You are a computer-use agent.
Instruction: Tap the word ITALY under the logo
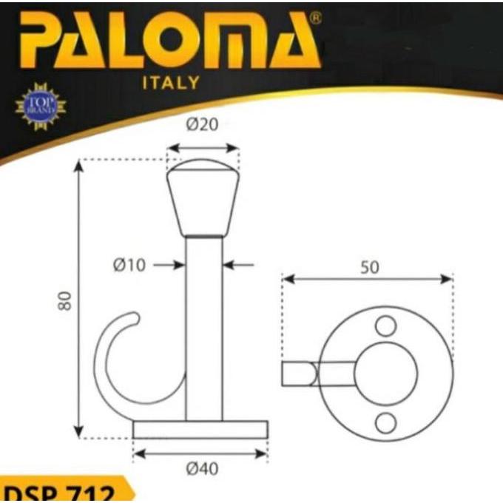[170, 83]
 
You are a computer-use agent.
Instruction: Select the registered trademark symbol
[315, 18]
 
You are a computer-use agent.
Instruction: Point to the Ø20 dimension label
[202, 125]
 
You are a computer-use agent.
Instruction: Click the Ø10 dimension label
[130, 265]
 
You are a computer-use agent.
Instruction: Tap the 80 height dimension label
[66, 300]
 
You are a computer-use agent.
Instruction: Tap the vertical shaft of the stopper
[203, 325]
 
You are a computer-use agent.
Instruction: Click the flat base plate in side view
[200, 430]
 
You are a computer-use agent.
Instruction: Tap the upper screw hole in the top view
[385, 325]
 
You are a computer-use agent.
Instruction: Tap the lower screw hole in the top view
[385, 422]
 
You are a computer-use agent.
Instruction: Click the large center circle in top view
[385, 374]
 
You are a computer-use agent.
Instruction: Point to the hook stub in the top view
[300, 374]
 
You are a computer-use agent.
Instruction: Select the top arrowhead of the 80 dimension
[79, 164]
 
